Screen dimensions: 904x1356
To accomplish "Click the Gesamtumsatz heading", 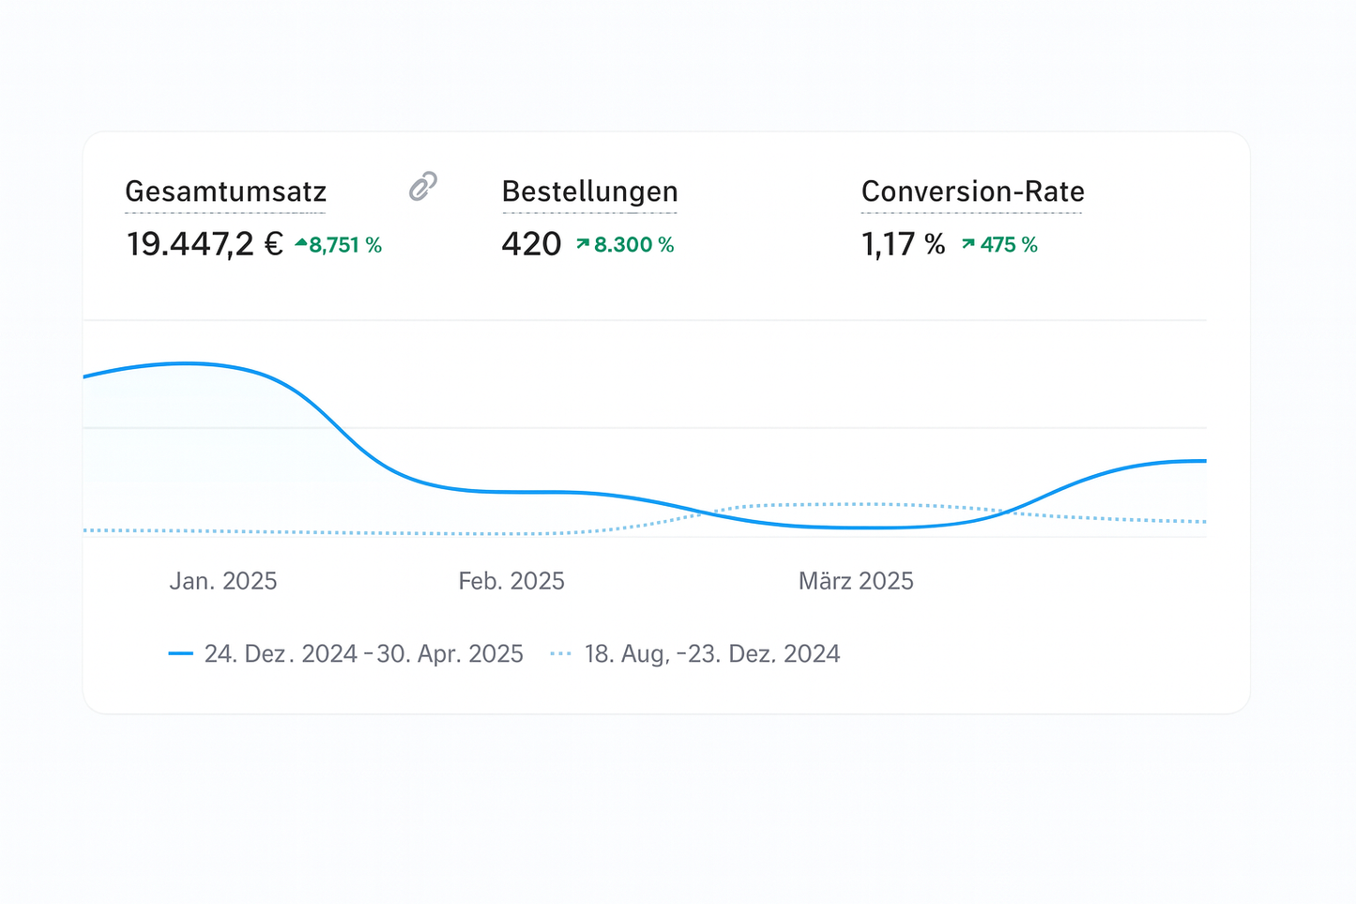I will point(225,192).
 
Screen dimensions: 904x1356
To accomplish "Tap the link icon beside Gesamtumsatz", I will point(423,186).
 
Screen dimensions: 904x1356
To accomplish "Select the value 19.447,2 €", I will point(205,244).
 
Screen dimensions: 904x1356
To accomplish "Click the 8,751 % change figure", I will point(345,245).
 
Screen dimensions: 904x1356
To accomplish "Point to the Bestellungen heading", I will point(589,192).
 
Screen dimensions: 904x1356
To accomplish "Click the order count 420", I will point(531,244).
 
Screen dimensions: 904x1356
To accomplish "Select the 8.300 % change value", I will point(633,245).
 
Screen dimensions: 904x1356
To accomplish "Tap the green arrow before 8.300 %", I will point(583,244).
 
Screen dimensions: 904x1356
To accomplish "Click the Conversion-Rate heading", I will point(972,192).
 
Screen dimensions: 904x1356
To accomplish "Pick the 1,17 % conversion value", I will point(903,244).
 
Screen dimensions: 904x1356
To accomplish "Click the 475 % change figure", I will point(1009,245).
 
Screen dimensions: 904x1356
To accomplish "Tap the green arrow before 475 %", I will point(968,244).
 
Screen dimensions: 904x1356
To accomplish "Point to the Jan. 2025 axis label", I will point(223,581).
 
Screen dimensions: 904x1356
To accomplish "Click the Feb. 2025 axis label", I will point(511,581).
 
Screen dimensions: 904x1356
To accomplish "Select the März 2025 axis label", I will point(856,581).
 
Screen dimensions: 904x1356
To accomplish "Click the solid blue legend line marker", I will point(180,653).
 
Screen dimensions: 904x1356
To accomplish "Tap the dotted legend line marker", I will point(560,653).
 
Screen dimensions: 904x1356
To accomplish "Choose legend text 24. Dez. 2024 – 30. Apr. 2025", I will point(363,653).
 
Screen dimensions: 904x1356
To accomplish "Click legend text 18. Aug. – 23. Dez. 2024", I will point(711,653).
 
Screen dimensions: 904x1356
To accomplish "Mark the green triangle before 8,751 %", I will point(300,244).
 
